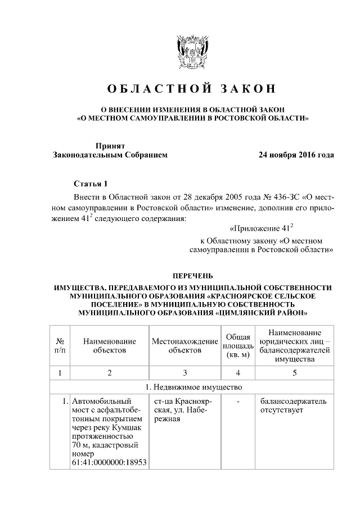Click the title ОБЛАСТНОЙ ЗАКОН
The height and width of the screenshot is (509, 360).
click(192, 89)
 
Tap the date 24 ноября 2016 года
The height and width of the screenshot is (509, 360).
click(296, 155)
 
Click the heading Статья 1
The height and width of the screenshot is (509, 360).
click(89, 184)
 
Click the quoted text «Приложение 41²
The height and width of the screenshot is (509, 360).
click(262, 229)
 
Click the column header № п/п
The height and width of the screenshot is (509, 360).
click(59, 346)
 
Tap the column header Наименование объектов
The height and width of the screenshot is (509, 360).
click(109, 346)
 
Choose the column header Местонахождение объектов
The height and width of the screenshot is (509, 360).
click(184, 346)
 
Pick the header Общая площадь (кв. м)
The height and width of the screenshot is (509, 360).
click(238, 346)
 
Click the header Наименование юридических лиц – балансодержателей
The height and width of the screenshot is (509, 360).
click(294, 346)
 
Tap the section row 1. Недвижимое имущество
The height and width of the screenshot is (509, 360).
click(192, 387)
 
